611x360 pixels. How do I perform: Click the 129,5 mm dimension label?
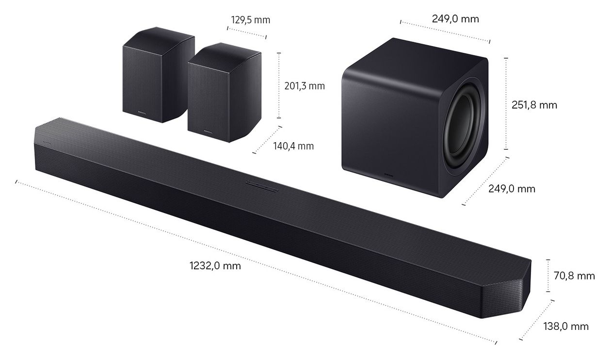[x=251, y=20]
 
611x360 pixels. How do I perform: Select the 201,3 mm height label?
[x=304, y=86]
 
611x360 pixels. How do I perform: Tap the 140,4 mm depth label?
[x=292, y=146]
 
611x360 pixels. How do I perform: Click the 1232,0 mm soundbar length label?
[x=215, y=266]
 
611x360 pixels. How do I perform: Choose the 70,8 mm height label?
[x=574, y=276]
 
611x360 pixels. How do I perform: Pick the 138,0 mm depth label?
[x=565, y=326]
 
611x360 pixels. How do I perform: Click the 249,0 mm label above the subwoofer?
[x=455, y=19]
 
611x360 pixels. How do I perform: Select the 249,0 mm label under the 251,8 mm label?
[x=512, y=189]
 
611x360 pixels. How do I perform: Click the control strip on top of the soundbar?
[x=261, y=184]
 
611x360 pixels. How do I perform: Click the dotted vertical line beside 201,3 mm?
[x=279, y=85]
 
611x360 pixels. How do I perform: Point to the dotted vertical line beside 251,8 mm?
[x=506, y=103]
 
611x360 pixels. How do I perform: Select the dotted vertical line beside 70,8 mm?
[x=548, y=275]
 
